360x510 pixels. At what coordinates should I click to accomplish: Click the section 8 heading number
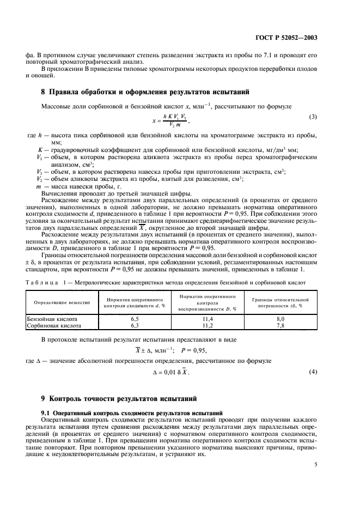pos(44,92)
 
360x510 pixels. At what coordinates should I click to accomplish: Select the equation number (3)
pos(313,117)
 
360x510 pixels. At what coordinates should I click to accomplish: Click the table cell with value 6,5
pos(135,319)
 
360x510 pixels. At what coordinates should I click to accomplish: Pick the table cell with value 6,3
pos(135,325)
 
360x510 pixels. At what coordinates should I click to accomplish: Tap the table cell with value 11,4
pos(207,319)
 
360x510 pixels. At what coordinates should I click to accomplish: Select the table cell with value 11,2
pos(207,325)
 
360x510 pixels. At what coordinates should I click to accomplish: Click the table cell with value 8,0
pos(280,319)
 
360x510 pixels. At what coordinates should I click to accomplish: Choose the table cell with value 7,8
pos(280,325)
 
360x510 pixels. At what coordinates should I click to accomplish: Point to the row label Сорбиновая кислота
pos(54,325)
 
